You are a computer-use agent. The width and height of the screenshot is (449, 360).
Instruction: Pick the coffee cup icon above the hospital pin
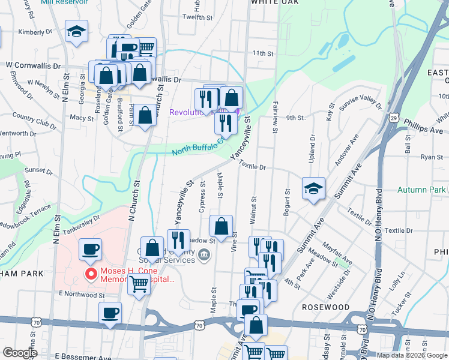pos(90,249)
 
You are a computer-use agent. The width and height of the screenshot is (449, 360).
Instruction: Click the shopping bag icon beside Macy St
pos(145,115)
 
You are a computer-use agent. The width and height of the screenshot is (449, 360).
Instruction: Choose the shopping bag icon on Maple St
pos(221,227)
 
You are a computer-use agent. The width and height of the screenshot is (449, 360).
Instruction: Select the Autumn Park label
pos(421,190)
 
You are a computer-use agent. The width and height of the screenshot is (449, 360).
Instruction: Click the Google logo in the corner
pos(20,353)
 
